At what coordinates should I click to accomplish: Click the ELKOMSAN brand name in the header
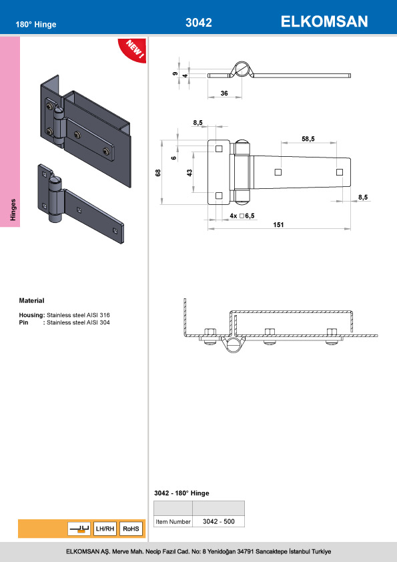[x=324, y=22]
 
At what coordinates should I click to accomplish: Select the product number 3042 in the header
[x=198, y=23]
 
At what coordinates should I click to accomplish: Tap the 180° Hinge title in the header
[x=36, y=25]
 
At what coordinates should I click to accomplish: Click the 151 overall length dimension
[x=278, y=225]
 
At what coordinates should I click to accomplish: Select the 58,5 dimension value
[x=308, y=139]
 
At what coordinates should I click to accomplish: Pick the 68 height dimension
[x=158, y=173]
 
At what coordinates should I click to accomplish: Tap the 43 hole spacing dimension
[x=189, y=173]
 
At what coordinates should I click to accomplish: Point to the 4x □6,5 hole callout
[x=243, y=216]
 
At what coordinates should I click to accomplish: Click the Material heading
[x=31, y=301]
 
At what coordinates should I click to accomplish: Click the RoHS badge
[x=131, y=529]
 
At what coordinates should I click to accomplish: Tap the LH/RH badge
[x=105, y=529]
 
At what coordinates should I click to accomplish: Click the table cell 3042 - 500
[x=218, y=521]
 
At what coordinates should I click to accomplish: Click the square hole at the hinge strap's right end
[x=340, y=172]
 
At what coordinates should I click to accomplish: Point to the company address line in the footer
[x=198, y=552]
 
